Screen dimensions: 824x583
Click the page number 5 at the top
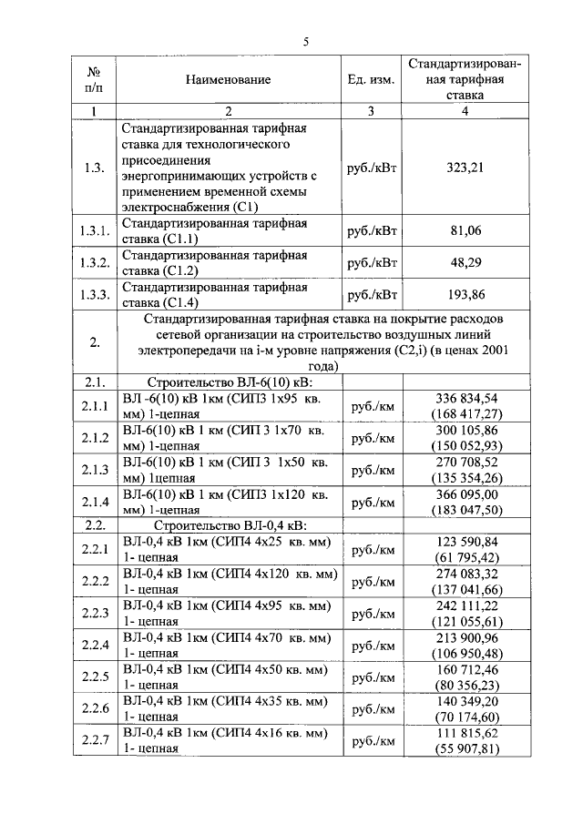coord(306,41)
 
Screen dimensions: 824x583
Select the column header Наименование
coord(229,80)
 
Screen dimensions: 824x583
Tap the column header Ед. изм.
coord(371,80)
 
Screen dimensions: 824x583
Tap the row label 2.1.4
coord(95,502)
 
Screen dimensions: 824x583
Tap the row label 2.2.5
coord(95,676)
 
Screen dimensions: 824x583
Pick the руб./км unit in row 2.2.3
coord(373,613)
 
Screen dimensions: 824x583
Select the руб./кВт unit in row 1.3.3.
coord(373,294)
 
